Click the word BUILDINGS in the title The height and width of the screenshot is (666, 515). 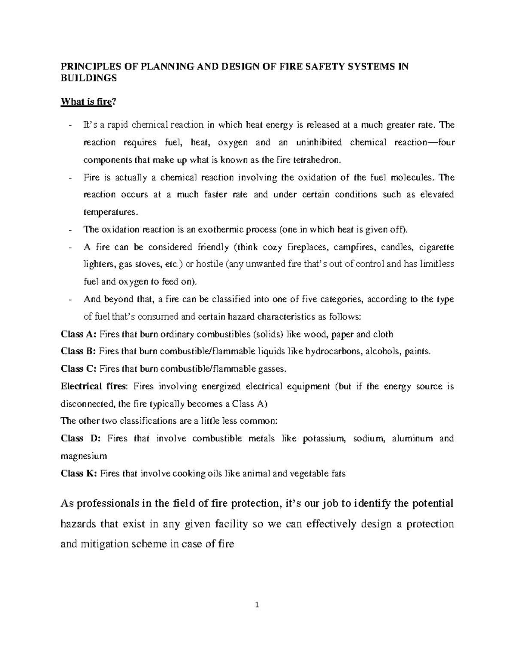pyautogui.click(x=88, y=78)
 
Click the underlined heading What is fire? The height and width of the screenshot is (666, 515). pyautogui.click(x=88, y=102)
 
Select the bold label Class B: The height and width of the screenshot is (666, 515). pyautogui.click(x=79, y=351)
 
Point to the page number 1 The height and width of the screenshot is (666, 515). pyautogui.click(x=257, y=605)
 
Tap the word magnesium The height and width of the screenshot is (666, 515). pyautogui.click(x=84, y=456)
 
